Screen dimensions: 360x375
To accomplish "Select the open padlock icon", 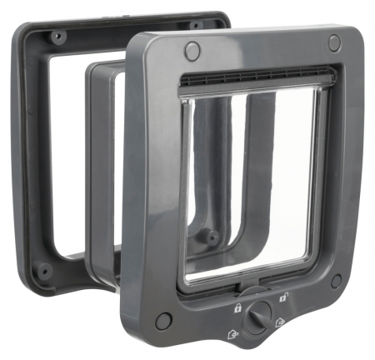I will point(284,298).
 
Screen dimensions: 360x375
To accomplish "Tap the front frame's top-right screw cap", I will point(333,42).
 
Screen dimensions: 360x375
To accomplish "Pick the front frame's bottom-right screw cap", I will point(336,281).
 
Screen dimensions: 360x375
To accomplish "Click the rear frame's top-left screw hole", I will point(57,37).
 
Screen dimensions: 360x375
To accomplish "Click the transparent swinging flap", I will point(250,183).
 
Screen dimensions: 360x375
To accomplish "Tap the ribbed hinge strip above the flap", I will point(254,81).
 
